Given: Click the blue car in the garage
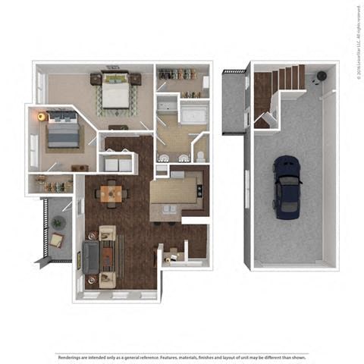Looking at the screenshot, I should click(x=287, y=184).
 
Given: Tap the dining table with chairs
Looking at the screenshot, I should click(x=111, y=193).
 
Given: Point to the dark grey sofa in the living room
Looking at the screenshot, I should click(x=91, y=257).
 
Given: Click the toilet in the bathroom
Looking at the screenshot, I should click(x=201, y=155).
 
